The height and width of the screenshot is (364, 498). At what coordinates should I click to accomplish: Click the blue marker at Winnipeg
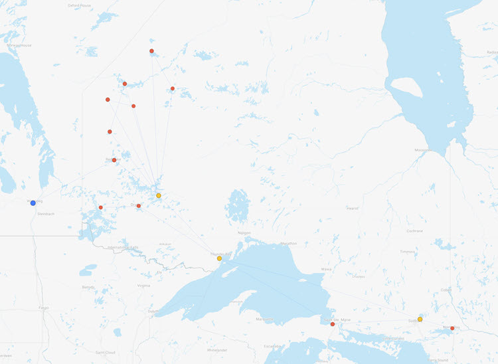pyautogui.click(x=33, y=203)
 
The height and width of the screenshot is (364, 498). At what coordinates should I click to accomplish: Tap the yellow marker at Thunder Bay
pyautogui.click(x=219, y=258)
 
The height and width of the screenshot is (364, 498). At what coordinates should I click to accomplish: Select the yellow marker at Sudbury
pyautogui.click(x=420, y=319)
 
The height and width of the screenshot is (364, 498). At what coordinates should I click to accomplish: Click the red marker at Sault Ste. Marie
pyautogui.click(x=333, y=324)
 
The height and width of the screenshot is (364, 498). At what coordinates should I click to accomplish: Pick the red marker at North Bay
pyautogui.click(x=452, y=328)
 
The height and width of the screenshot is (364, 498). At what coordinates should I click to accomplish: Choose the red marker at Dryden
pyautogui.click(x=139, y=206)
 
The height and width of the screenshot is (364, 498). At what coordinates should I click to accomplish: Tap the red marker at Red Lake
pyautogui.click(x=114, y=160)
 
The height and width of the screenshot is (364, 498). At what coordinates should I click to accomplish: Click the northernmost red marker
pyautogui.click(x=152, y=51)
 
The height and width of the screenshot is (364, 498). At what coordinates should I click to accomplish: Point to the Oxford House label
pyautogui.click(x=79, y=5)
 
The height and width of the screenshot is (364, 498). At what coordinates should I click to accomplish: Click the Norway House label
pyautogui.click(x=19, y=45)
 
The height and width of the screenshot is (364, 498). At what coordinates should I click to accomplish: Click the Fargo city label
pyautogui.click(x=45, y=308)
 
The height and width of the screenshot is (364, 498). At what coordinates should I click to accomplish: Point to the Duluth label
pyautogui.click(x=153, y=310)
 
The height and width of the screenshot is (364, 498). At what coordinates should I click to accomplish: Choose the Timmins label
pyautogui.click(x=407, y=252)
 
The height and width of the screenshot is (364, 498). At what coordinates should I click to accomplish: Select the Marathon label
pyautogui.click(x=288, y=243)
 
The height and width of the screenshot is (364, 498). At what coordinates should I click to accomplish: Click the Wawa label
pyautogui.click(x=326, y=269)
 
